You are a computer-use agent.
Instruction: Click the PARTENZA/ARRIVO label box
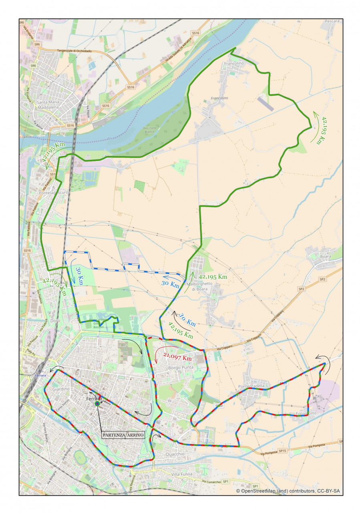123,435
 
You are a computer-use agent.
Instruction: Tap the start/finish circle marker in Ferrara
97,404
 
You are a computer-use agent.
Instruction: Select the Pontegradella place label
251,386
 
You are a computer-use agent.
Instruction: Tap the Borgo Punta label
180,367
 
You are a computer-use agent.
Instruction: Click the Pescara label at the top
332,21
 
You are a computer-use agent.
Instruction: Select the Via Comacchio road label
212,481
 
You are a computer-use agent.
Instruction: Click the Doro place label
55,321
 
